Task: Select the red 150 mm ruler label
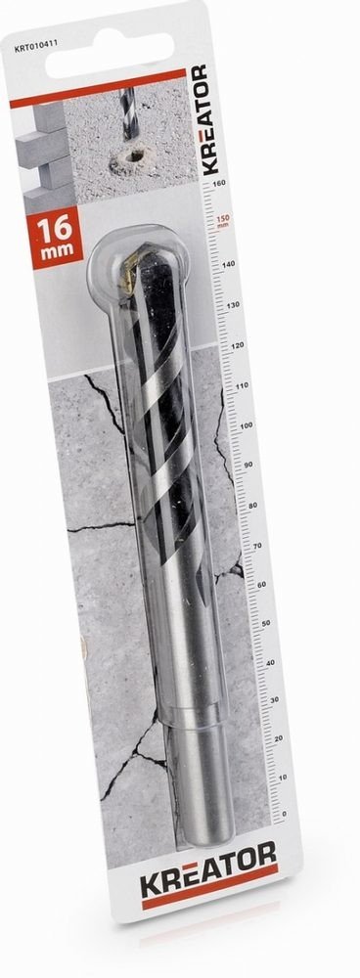coord(224,221)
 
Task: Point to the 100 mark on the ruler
coord(232,425)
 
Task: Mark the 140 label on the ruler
coord(225,265)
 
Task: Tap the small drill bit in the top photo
coord(128,112)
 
